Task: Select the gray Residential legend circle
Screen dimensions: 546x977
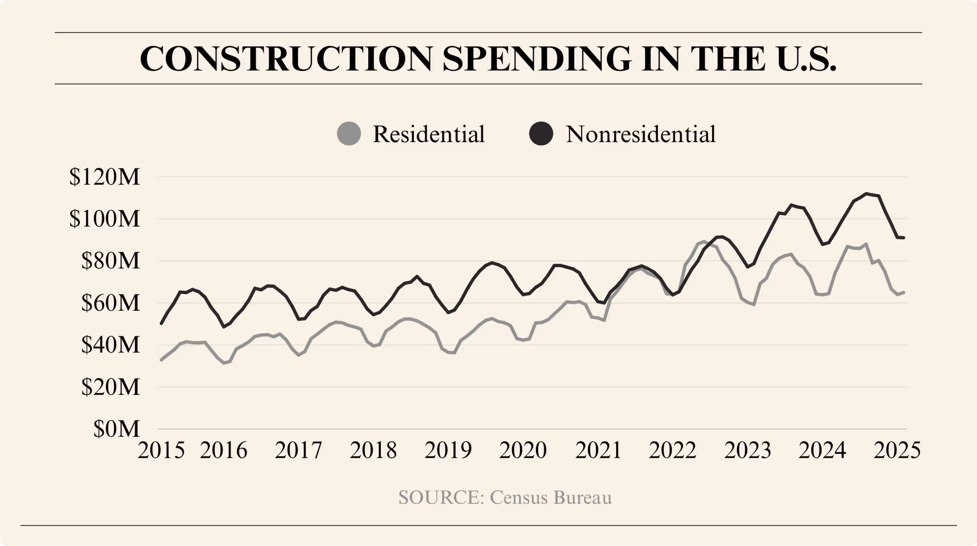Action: (349, 134)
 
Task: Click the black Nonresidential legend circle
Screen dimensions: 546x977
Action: (541, 134)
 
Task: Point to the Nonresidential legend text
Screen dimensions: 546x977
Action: (640, 134)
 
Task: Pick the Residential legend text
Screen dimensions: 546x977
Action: (429, 134)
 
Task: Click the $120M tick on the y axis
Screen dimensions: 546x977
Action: (105, 177)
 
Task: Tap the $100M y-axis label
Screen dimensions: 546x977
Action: (105, 219)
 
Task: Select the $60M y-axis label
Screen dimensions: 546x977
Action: (110, 303)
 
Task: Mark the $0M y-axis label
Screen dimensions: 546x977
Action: (116, 429)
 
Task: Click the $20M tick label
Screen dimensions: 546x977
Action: (110, 387)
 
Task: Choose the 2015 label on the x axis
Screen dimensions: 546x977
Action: (161, 450)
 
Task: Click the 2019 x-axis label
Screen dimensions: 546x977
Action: (448, 450)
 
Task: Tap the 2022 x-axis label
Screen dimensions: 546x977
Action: (672, 450)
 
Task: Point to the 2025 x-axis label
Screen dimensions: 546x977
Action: (897, 450)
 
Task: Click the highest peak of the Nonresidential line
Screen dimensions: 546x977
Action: (866, 194)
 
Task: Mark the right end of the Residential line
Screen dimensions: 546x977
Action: (904, 292)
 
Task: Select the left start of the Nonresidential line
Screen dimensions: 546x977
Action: (161, 324)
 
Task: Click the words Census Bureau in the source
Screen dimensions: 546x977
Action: (551, 498)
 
